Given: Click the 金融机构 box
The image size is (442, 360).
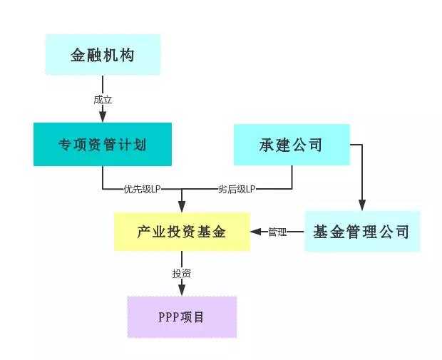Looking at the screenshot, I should pos(103,55).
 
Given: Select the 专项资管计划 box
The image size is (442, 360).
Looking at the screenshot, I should pos(103,145).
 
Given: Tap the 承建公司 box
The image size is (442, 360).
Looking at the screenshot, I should pos(292,145).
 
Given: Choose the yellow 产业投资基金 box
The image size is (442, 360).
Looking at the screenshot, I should pos(182,232).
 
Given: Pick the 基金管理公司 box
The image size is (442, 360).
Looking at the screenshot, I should pos(362,232).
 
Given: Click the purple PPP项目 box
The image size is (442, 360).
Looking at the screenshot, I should pos(182,317).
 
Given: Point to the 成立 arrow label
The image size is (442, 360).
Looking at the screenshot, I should pos(103,100).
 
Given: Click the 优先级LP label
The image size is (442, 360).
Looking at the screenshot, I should pos(142,189).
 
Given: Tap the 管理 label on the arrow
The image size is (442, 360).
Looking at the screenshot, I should pos(277,232).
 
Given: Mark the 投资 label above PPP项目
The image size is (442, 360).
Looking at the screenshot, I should pos(182,274).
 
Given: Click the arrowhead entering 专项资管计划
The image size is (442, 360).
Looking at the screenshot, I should pos(103,118).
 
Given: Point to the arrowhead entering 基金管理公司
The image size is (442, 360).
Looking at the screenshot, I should pos(362,206).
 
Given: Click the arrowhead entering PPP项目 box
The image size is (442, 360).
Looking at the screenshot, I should pos(182,291).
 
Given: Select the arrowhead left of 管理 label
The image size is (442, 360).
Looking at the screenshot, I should pos(255,232).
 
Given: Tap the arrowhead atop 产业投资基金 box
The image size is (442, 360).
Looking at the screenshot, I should pos(182,206).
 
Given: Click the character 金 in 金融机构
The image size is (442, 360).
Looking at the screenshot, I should pos(78,55).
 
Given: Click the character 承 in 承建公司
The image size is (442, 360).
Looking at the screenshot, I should pos(267,145).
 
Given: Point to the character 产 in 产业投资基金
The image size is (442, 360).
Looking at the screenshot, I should pos(145,232).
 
